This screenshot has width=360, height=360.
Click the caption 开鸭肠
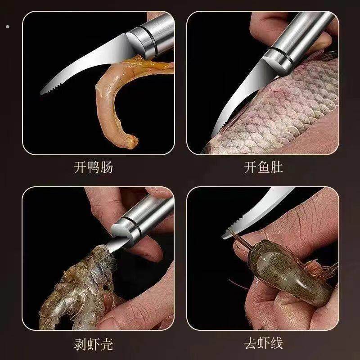click(93, 168)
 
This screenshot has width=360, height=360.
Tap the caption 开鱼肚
click(263, 168)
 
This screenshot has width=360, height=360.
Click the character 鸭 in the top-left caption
click(93, 168)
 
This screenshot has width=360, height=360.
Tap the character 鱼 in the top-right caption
click(263, 168)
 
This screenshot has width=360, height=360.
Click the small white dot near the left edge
click(7, 27)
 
